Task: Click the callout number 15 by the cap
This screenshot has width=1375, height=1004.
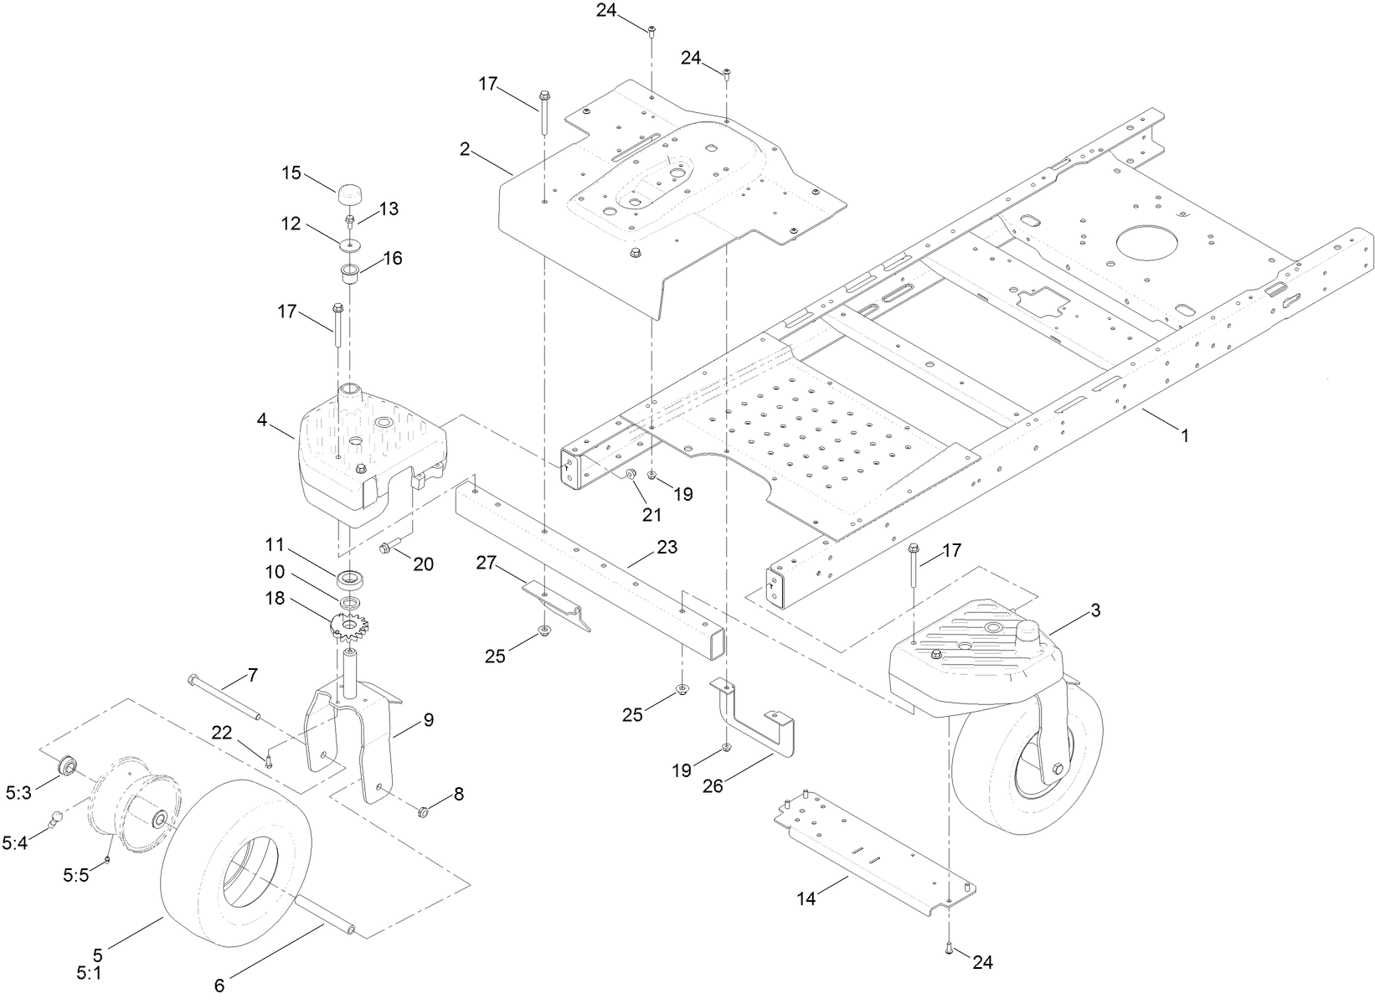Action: (x=291, y=173)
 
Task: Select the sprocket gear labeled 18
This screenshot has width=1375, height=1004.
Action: (x=349, y=627)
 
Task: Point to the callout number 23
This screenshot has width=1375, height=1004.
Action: (x=667, y=548)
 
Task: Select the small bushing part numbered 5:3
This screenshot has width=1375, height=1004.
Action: (x=67, y=765)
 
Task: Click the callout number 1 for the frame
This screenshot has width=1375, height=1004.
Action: (x=1184, y=435)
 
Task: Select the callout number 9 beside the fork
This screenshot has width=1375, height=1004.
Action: (x=428, y=719)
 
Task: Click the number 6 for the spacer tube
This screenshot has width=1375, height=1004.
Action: (x=219, y=986)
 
